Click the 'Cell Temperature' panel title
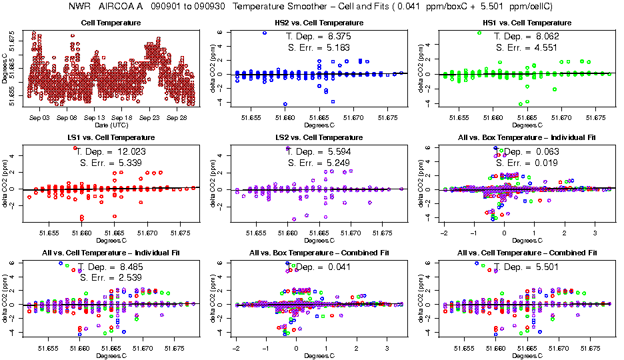[111, 23]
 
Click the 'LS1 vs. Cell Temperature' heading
[111, 138]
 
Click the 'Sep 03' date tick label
[40, 117]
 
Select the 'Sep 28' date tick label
[177, 117]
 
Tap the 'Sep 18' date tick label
[122, 117]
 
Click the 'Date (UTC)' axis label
[110, 125]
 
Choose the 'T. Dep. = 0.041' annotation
[317, 267]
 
